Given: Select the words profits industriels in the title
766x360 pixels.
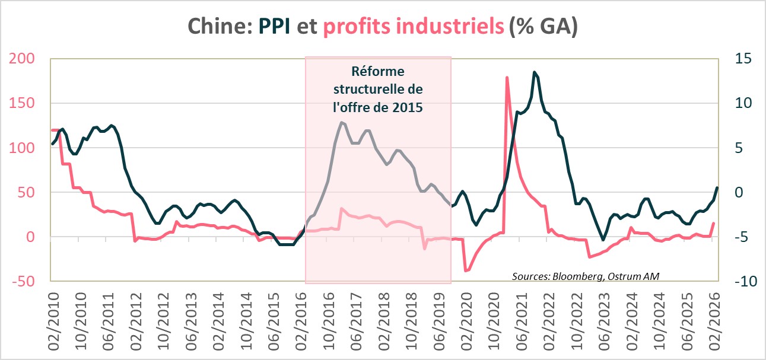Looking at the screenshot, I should [414, 27].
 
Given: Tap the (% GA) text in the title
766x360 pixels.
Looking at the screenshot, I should [544, 27].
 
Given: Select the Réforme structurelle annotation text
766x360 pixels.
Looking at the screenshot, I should [378, 90].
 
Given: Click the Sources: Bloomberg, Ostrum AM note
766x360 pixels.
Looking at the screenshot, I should [585, 276].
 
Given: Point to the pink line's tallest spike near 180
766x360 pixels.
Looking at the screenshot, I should [507, 78].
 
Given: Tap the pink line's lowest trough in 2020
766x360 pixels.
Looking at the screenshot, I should [466, 270].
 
